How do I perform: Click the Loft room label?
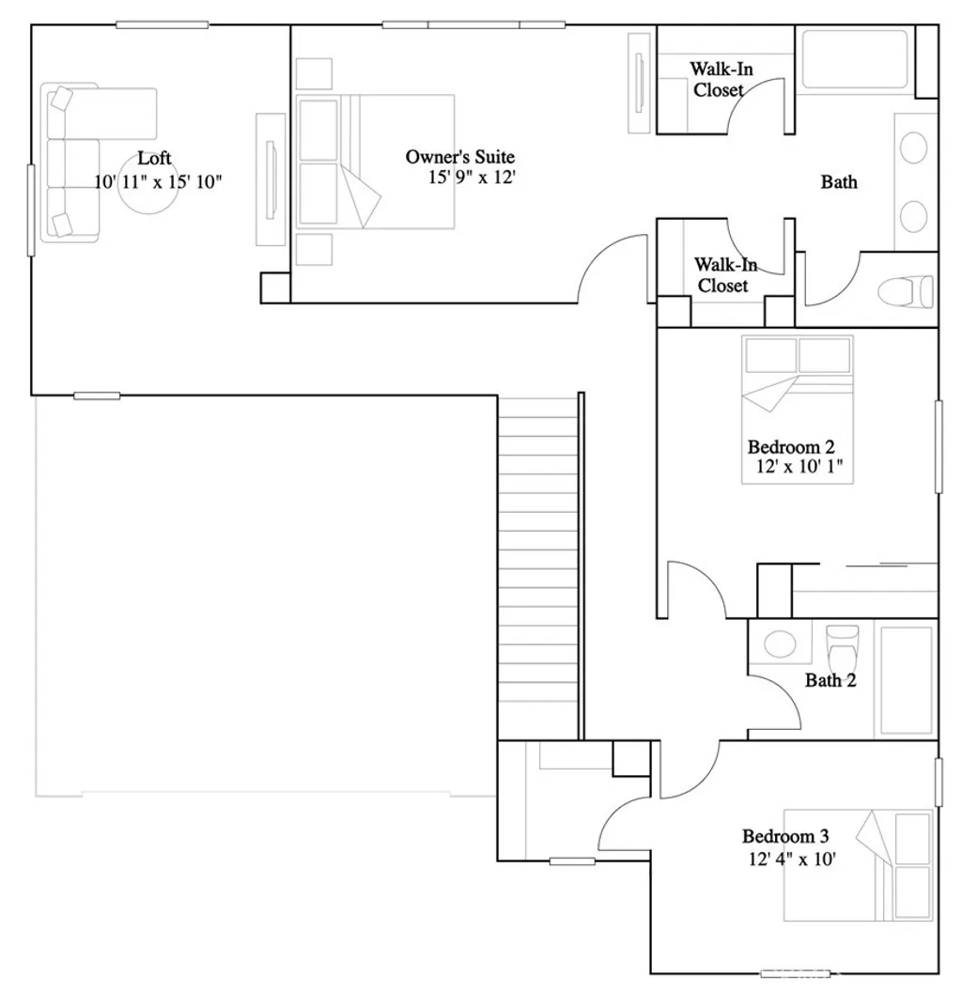pos(154,158)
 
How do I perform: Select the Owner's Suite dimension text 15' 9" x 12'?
pos(473,178)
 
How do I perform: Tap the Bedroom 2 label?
pos(791,446)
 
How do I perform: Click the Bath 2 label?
pos(830,680)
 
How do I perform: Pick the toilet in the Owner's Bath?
pos(907,291)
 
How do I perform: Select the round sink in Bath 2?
pos(778,644)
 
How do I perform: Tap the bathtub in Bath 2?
pos(904,680)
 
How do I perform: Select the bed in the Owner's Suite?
pos(376,161)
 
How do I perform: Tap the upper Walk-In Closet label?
pos(721,79)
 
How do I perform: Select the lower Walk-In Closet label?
pos(721,275)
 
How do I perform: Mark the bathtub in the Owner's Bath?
pos(854,61)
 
